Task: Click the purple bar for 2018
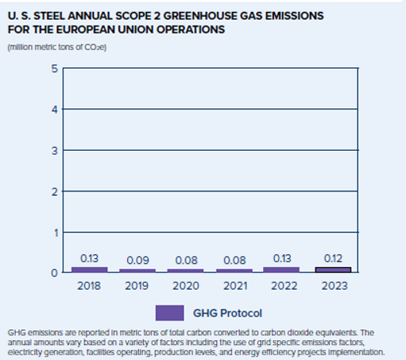pyautogui.click(x=89, y=270)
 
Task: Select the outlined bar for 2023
pyautogui.click(x=333, y=270)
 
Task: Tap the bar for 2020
pyautogui.click(x=186, y=271)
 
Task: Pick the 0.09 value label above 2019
pyautogui.click(x=137, y=261)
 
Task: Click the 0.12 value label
pyautogui.click(x=333, y=258)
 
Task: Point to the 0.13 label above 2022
pyautogui.click(x=282, y=258)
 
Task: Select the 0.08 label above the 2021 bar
pyautogui.click(x=235, y=261)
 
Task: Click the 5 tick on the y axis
pyautogui.click(x=55, y=69)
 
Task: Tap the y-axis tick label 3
pyautogui.click(x=55, y=151)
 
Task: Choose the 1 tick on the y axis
pyautogui.click(x=56, y=233)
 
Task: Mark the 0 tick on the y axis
pyautogui.click(x=55, y=273)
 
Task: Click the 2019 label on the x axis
pyautogui.click(x=137, y=286)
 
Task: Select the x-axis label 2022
pyautogui.click(x=284, y=286)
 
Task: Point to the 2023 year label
pyautogui.click(x=334, y=286)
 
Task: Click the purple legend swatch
pyautogui.click(x=170, y=313)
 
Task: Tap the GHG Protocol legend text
pyautogui.click(x=227, y=313)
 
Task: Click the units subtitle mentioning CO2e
pyautogui.click(x=57, y=47)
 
